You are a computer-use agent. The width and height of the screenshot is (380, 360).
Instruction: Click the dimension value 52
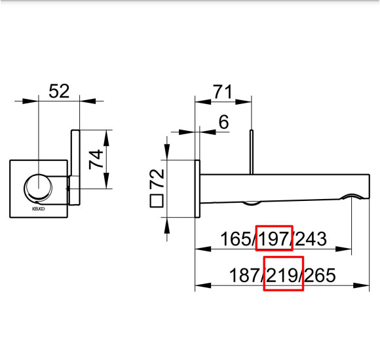[x=59, y=91]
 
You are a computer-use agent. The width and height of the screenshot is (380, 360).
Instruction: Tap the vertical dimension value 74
[x=96, y=159]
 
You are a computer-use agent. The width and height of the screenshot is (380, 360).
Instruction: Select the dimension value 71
[x=223, y=92]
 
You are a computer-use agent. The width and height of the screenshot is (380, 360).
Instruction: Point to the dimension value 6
[x=223, y=122]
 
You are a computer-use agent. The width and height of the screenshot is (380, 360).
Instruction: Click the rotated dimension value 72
[x=157, y=178]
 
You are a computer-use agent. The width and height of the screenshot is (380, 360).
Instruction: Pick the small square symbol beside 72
[x=157, y=201]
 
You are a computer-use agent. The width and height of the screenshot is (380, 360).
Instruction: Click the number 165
[x=236, y=239]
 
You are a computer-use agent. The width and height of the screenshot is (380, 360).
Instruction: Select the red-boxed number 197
[x=273, y=239]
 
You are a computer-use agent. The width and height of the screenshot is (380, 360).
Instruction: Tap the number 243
[x=311, y=239]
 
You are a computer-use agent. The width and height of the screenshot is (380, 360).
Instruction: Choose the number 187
[x=244, y=276]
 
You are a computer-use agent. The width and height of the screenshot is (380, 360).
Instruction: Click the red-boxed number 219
[x=282, y=276]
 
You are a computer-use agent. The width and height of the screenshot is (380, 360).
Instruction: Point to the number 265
[x=320, y=276]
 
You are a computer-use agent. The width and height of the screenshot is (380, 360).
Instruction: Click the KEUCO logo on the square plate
[x=38, y=209]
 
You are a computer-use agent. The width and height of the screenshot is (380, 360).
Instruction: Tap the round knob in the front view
[x=38, y=187]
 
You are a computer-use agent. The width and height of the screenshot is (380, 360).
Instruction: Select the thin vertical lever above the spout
[x=252, y=152]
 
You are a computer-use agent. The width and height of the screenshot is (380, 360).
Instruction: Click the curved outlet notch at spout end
[x=351, y=196]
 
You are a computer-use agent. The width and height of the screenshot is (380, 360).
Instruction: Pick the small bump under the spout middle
[x=252, y=203]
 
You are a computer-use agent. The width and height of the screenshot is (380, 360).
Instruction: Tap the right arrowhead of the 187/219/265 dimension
[x=361, y=285]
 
